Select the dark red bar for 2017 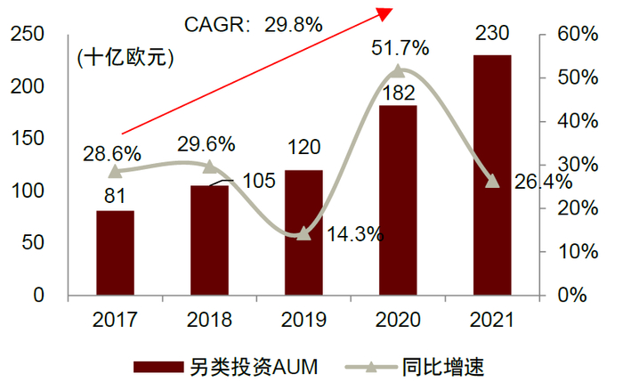[115, 253]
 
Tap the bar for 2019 [303, 232]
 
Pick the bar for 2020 [398, 200]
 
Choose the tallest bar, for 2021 [492, 175]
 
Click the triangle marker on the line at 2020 [398, 70]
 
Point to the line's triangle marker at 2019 [303, 233]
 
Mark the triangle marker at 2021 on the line [492, 181]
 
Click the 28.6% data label [109, 152]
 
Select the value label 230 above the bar [492, 35]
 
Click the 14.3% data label [354, 235]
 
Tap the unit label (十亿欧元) [125, 60]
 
